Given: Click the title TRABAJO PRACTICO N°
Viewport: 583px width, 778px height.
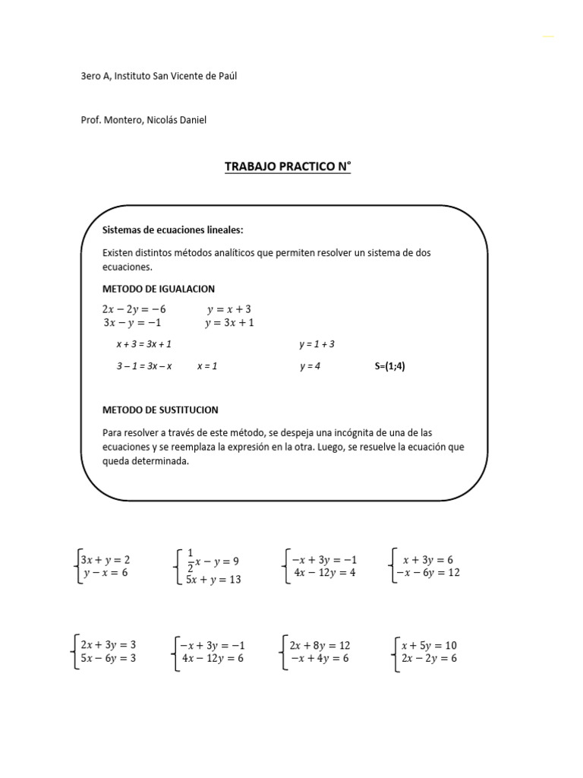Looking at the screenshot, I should point(288,166).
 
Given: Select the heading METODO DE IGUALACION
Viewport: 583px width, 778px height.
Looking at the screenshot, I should point(159,289).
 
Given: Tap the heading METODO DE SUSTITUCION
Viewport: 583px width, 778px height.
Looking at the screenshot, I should point(160,410).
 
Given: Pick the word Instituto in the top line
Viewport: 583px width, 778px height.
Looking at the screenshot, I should point(135,76).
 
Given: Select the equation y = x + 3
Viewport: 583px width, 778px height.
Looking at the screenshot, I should point(228,309).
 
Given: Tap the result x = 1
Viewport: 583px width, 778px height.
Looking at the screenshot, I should point(207,365).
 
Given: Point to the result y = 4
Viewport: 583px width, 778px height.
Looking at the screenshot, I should point(310,365).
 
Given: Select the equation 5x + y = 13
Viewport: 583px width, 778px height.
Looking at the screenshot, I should point(213,580).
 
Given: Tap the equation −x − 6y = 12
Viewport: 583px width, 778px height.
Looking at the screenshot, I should point(426,573).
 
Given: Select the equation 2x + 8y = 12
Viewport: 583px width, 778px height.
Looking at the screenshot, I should point(320,645).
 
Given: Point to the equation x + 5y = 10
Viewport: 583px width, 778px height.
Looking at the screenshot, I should point(429,645).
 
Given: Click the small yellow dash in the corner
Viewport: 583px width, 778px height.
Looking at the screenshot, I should point(548,36).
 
